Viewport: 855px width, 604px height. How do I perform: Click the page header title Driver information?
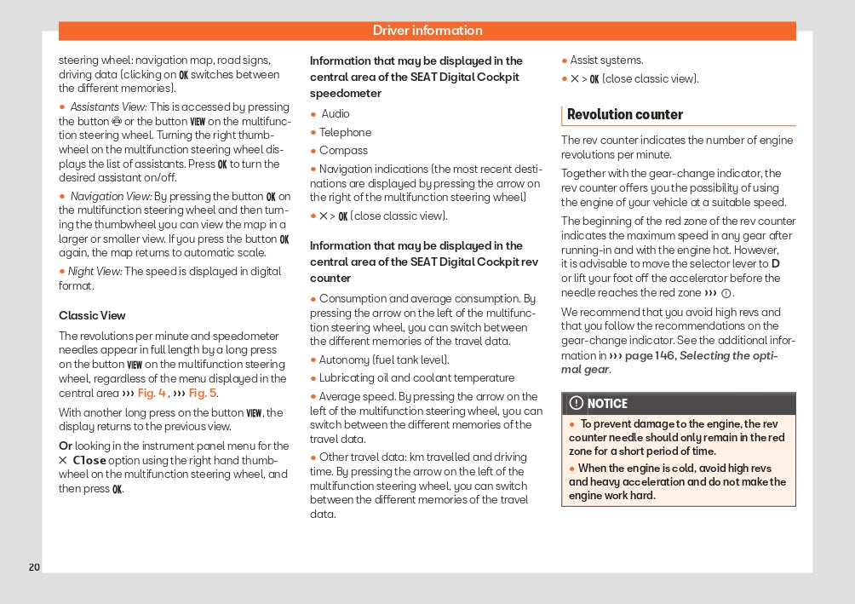coord(427,31)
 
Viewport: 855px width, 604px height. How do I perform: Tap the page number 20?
coord(34,567)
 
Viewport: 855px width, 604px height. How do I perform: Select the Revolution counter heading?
coord(625,114)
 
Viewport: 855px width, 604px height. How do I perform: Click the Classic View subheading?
coord(92,315)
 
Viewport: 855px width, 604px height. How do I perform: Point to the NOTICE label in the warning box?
coord(607,404)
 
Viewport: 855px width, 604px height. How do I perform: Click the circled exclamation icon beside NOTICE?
coord(577,404)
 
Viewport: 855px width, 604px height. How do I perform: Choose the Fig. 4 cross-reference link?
coord(152,393)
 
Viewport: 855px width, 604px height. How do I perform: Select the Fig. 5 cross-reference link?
coord(203,393)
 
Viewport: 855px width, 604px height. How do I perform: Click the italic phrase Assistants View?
coord(108,107)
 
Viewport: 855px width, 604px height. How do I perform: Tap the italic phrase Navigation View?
coord(111,197)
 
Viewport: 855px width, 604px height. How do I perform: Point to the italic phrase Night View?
coord(95,272)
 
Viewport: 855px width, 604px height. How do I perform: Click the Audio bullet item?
coord(336,114)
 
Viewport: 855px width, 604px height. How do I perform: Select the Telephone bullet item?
coord(346,132)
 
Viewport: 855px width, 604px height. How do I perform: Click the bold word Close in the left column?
coord(89,460)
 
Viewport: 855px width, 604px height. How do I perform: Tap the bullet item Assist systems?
coord(606,60)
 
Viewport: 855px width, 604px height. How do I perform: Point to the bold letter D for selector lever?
coord(775,264)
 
